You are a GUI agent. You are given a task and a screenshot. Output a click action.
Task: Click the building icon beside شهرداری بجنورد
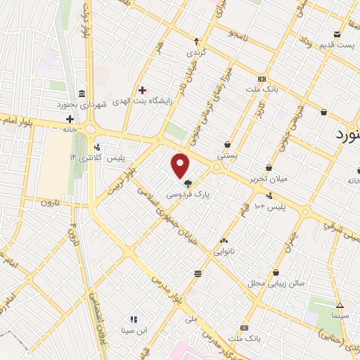click(82, 94)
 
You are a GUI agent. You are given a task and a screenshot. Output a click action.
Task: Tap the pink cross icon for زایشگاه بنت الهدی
click(143, 90)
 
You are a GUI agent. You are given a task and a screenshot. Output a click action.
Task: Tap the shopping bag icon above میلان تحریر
click(270, 168)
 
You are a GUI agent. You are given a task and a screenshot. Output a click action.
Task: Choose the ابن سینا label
click(134, 330)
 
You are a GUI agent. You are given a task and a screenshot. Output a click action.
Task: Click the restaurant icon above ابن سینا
click(134, 320)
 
